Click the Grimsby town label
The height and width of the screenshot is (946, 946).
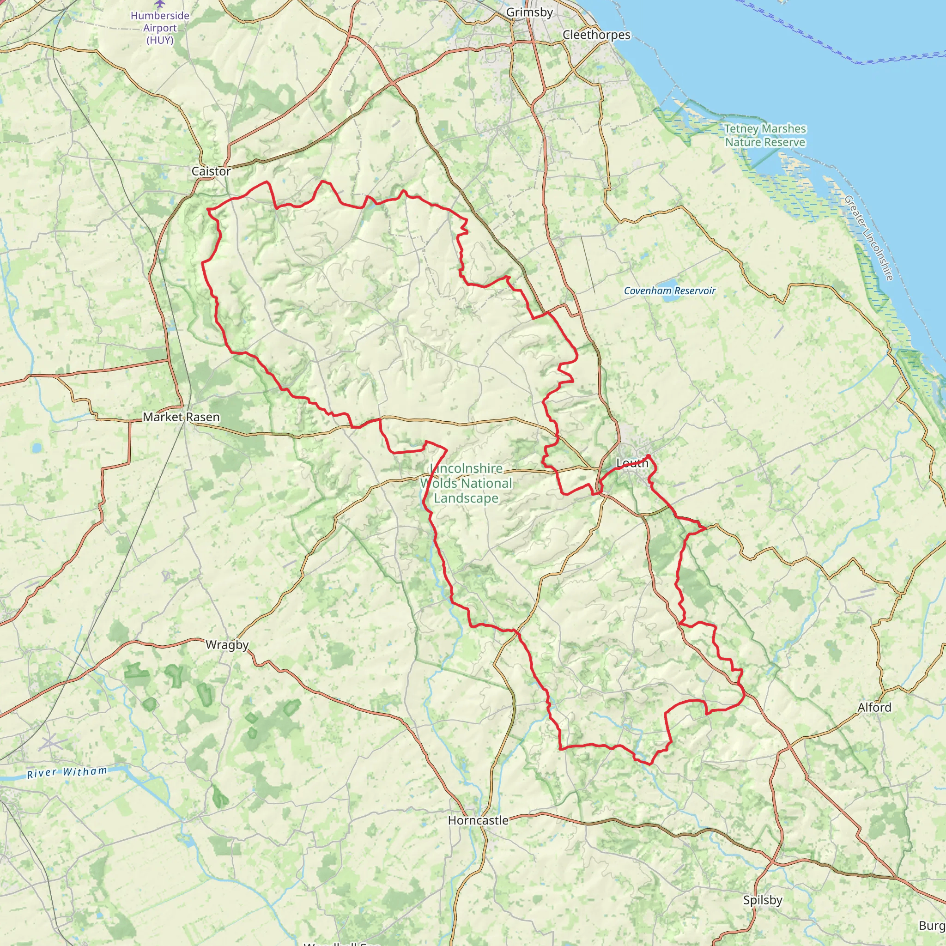[529, 12]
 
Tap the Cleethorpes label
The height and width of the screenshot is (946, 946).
[596, 35]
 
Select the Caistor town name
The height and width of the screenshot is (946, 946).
[211, 171]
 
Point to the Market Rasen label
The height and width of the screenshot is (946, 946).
[181, 417]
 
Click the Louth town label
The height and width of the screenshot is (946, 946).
[632, 463]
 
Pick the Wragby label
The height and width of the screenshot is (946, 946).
[227, 645]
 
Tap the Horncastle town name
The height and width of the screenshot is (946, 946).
[479, 821]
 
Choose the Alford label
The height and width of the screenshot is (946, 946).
[874, 708]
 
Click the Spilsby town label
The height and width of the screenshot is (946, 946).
[762, 900]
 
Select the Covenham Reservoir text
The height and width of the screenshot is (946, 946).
[669, 291]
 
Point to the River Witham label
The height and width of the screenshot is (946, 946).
[67, 772]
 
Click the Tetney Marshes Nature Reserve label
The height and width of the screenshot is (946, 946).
[765, 136]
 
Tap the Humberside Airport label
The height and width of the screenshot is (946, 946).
[160, 28]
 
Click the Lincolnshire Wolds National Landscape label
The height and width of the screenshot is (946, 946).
[466, 483]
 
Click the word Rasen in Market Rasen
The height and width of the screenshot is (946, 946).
[202, 417]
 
